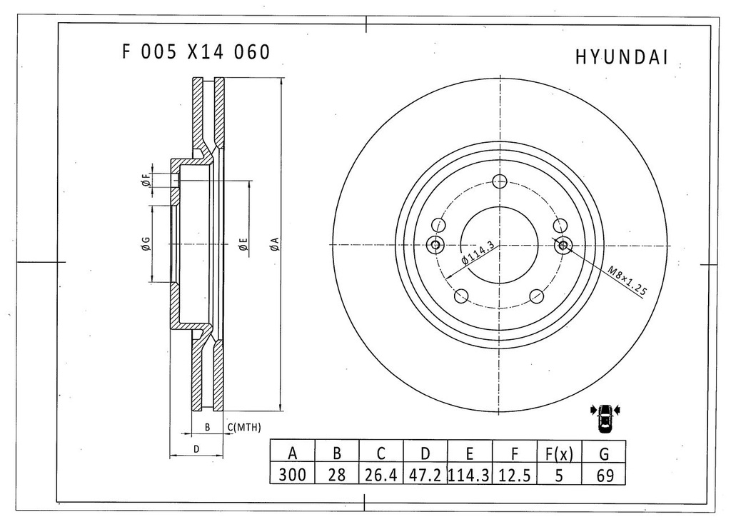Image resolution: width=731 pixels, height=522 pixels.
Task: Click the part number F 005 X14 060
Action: click(x=196, y=52)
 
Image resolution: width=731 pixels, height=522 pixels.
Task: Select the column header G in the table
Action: click(x=605, y=453)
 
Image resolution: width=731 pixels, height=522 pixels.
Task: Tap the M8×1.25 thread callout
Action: click(x=627, y=281)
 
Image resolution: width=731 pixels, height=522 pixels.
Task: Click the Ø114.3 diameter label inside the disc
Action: click(x=478, y=253)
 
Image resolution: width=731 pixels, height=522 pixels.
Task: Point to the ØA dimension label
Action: click(x=273, y=244)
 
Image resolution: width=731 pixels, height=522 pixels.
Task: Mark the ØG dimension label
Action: click(x=145, y=245)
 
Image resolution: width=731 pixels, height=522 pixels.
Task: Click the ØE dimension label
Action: click(x=243, y=245)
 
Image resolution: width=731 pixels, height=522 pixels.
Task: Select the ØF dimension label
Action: click(x=146, y=181)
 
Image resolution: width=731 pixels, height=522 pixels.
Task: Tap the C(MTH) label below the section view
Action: click(x=244, y=427)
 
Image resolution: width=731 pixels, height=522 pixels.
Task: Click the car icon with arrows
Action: click(x=605, y=416)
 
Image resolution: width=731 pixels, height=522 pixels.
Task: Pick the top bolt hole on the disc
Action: click(x=500, y=181)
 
